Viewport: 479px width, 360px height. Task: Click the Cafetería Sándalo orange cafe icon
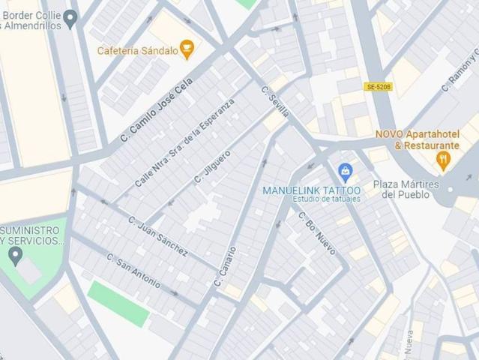187,50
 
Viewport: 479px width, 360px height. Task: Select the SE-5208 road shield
379,87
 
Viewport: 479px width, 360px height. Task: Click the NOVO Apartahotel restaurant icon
443,158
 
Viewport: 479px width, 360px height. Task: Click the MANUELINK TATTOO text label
311,190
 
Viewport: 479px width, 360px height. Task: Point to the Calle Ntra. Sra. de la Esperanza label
184,143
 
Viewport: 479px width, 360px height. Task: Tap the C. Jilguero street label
212,166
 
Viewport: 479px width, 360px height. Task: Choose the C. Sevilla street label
274,102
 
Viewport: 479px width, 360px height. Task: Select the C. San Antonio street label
133,271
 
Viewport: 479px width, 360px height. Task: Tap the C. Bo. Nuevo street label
317,232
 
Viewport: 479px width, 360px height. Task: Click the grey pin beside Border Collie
71,18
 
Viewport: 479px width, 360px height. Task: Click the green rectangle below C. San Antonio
118,303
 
